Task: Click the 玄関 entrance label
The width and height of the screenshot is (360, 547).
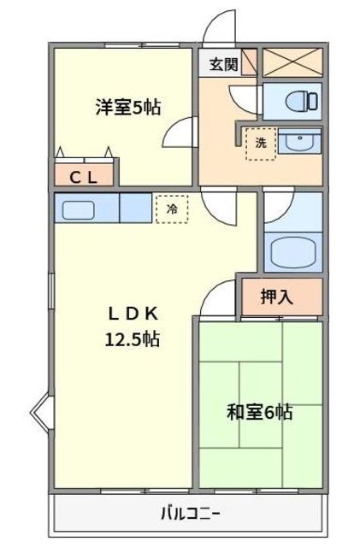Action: coord(223,64)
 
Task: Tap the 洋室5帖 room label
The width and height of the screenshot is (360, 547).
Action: coord(128,108)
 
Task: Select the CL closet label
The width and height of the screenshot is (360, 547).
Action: coord(83,179)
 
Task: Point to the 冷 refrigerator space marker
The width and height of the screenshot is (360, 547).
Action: coord(172,209)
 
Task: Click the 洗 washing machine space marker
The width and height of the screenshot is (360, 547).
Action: coord(261,144)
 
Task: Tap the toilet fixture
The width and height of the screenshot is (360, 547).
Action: coord(301,102)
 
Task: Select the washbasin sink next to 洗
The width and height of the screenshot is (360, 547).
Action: coord(300,141)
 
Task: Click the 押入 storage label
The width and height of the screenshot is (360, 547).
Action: coord(276,297)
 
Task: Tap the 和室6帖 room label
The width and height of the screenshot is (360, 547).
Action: coord(259,412)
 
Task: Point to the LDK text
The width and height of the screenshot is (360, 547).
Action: coord(133,315)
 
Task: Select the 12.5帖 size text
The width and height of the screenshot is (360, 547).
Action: coord(133,338)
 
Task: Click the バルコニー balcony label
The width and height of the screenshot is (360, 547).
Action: coord(190,514)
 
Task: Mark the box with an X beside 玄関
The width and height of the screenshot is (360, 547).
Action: coord(292,62)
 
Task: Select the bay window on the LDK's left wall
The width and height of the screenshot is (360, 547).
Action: coord(42,414)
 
